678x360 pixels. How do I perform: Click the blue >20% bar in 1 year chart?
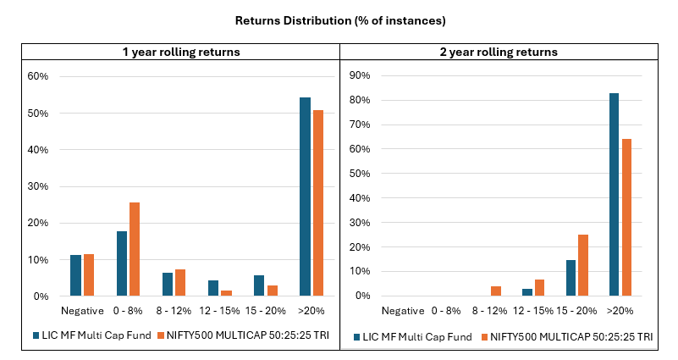click(x=305, y=197)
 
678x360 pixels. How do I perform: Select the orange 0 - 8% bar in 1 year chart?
click(x=134, y=249)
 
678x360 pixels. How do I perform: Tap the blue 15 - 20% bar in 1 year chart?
click(x=259, y=285)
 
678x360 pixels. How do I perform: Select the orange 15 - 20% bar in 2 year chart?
click(x=582, y=265)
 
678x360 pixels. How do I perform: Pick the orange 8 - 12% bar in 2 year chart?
click(x=496, y=291)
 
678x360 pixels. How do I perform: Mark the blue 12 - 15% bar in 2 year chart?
click(x=526, y=292)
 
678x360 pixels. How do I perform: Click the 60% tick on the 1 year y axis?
click(x=39, y=76)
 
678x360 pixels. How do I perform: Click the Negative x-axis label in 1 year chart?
click(x=81, y=311)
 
